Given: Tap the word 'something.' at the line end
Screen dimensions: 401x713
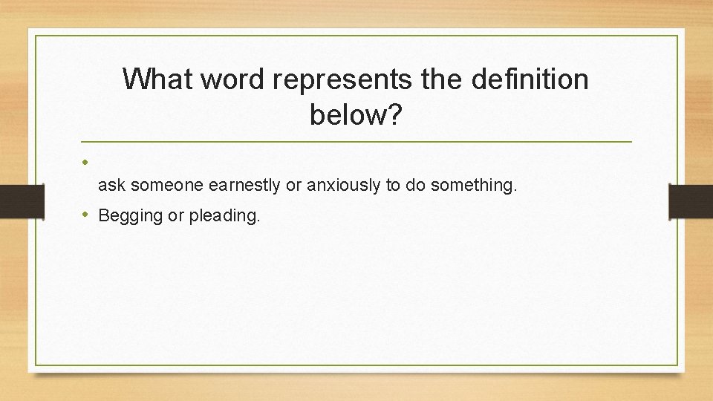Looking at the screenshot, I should [473, 186].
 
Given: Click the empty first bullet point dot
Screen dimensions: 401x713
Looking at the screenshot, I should [86, 161].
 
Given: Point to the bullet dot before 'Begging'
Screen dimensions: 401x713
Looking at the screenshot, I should [86, 215].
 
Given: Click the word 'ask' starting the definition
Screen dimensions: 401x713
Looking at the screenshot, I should [111, 186].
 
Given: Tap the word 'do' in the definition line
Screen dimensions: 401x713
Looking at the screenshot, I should [414, 186].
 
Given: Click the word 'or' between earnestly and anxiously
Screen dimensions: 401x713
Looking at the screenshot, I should [293, 186].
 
